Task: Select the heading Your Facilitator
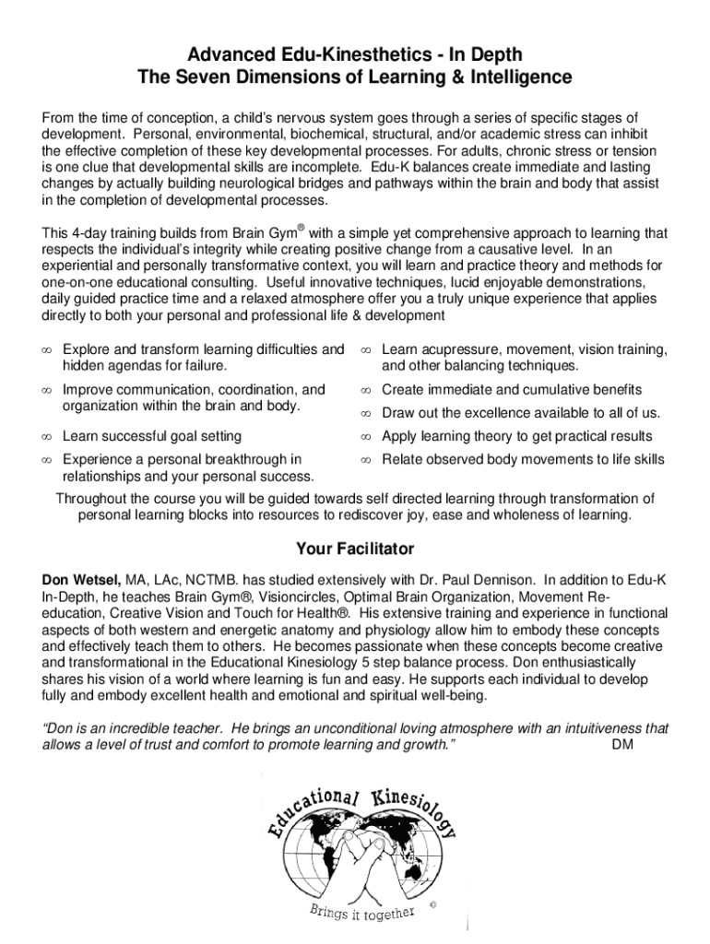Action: click(x=355, y=549)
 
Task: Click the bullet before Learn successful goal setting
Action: click(x=47, y=436)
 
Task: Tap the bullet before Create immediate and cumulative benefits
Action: click(x=365, y=390)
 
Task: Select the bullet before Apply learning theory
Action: click(x=365, y=436)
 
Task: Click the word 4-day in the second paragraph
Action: click(x=89, y=234)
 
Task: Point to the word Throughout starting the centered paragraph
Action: click(x=91, y=499)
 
